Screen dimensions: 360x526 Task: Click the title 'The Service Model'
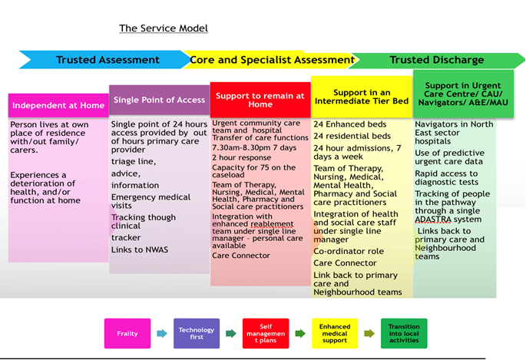[164, 28]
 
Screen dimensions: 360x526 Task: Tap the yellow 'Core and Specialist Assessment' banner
[272, 60]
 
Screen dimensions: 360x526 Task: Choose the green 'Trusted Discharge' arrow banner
[436, 60]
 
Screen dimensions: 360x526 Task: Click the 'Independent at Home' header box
[58, 105]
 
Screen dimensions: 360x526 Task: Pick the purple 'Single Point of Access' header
[159, 100]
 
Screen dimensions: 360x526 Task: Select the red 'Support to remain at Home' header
[260, 100]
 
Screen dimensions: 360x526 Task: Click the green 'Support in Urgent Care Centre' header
[463, 93]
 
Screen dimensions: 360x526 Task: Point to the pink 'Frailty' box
[127, 333]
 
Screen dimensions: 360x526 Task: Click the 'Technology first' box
[197, 333]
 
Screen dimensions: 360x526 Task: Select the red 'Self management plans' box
[265, 333]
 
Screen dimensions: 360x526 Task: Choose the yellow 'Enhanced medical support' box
[335, 333]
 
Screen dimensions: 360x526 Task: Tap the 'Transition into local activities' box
[404, 333]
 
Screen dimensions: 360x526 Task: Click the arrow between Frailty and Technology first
[161, 333]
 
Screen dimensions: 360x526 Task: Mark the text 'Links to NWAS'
[139, 249]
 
